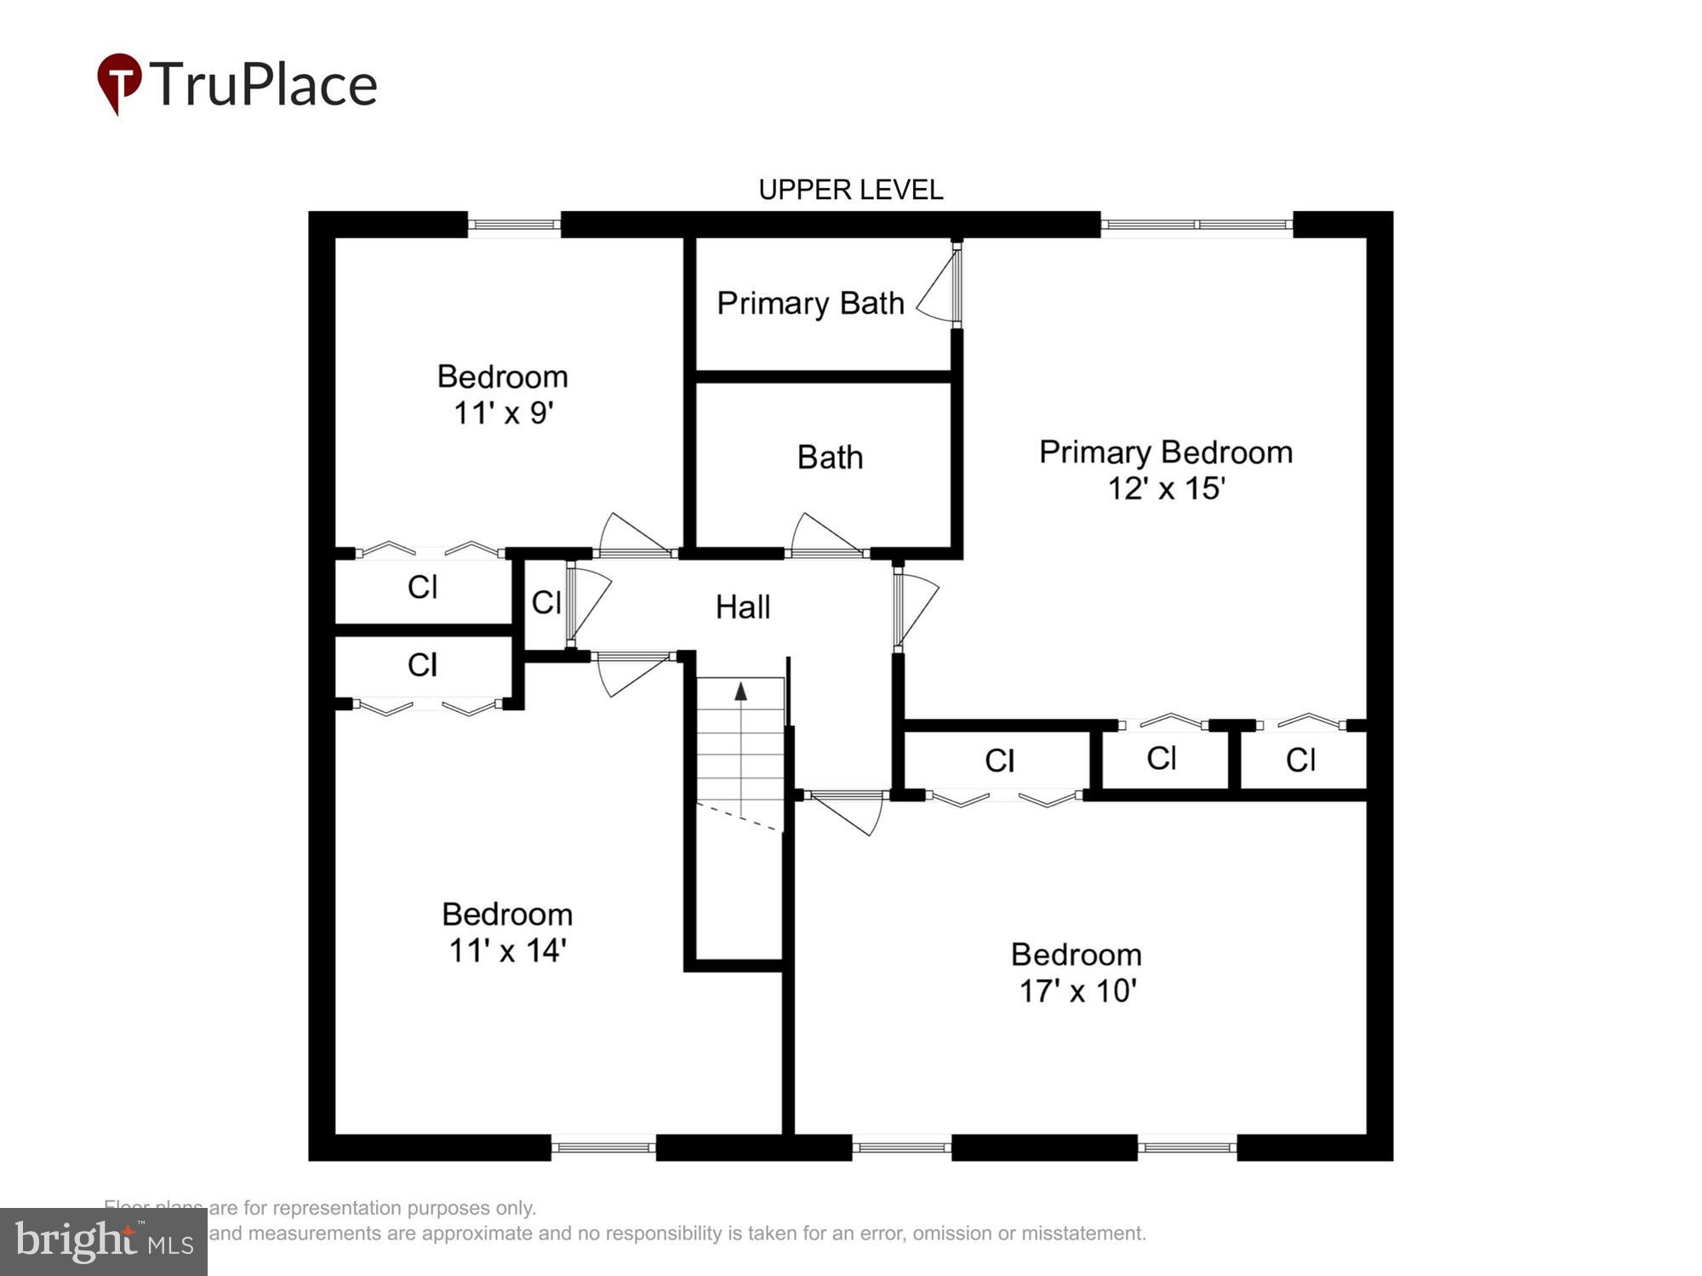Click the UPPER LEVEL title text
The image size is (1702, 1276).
pyautogui.click(x=850, y=190)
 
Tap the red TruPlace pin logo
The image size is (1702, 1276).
pyautogui.click(x=119, y=83)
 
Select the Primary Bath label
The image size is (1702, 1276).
pyautogui.click(x=810, y=304)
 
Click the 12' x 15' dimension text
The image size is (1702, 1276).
pyautogui.click(x=1166, y=489)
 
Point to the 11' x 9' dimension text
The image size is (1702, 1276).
pyautogui.click(x=503, y=413)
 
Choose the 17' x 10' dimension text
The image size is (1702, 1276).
pyautogui.click(x=1077, y=992)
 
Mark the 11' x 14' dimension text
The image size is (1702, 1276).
pyautogui.click(x=507, y=951)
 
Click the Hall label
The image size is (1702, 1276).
pyautogui.click(x=743, y=607)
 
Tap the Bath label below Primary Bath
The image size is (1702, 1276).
pyautogui.click(x=830, y=458)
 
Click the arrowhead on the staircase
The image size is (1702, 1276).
pyautogui.click(x=740, y=692)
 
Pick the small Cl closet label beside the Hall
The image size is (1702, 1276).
pyautogui.click(x=545, y=602)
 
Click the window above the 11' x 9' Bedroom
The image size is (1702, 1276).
pyautogui.click(x=514, y=225)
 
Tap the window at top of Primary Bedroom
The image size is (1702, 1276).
pyautogui.click(x=1197, y=225)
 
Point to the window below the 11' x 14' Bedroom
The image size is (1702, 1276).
pyautogui.click(x=603, y=1148)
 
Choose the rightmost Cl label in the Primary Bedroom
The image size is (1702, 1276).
pyautogui.click(x=1300, y=760)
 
